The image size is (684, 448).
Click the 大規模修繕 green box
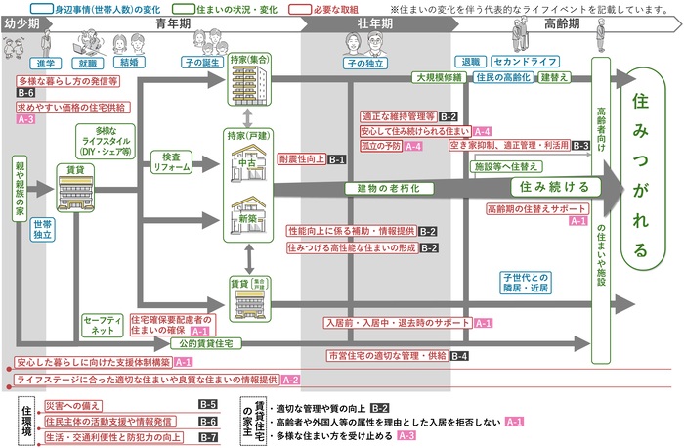(x=438, y=76)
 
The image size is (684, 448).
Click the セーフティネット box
(x=101, y=325)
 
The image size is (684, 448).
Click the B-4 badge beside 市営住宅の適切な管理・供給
(x=459, y=355)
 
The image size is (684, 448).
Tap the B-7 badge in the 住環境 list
(x=207, y=437)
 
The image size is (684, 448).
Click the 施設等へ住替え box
(x=508, y=166)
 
